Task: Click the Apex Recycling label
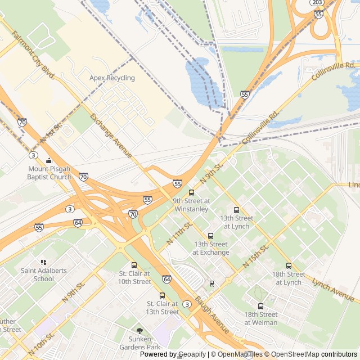[x=112, y=78]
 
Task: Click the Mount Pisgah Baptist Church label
[x=50, y=173]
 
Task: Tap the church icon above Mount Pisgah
[x=49, y=160]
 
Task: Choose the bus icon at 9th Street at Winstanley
[x=191, y=192]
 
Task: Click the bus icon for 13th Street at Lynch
[x=236, y=210]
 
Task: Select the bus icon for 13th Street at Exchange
[x=211, y=236]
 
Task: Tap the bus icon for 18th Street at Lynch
[x=289, y=266]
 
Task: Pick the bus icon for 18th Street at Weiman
[x=260, y=307]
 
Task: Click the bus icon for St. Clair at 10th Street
[x=134, y=265]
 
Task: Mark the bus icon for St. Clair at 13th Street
[x=163, y=295]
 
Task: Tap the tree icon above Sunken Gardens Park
[x=139, y=331]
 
